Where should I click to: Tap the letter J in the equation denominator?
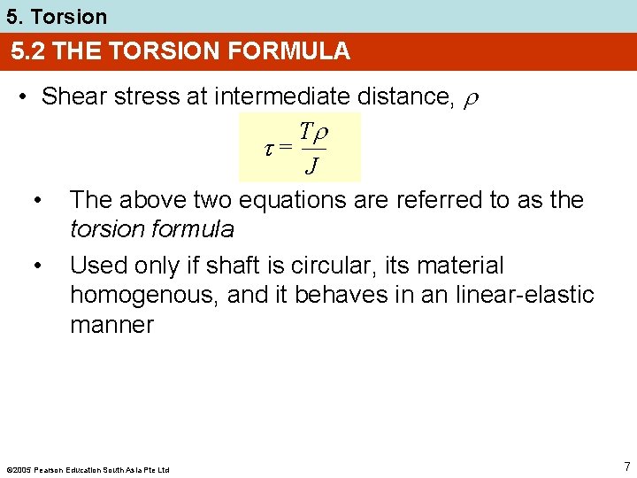(x=312, y=166)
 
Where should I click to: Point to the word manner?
(x=111, y=324)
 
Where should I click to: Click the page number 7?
(x=626, y=466)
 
